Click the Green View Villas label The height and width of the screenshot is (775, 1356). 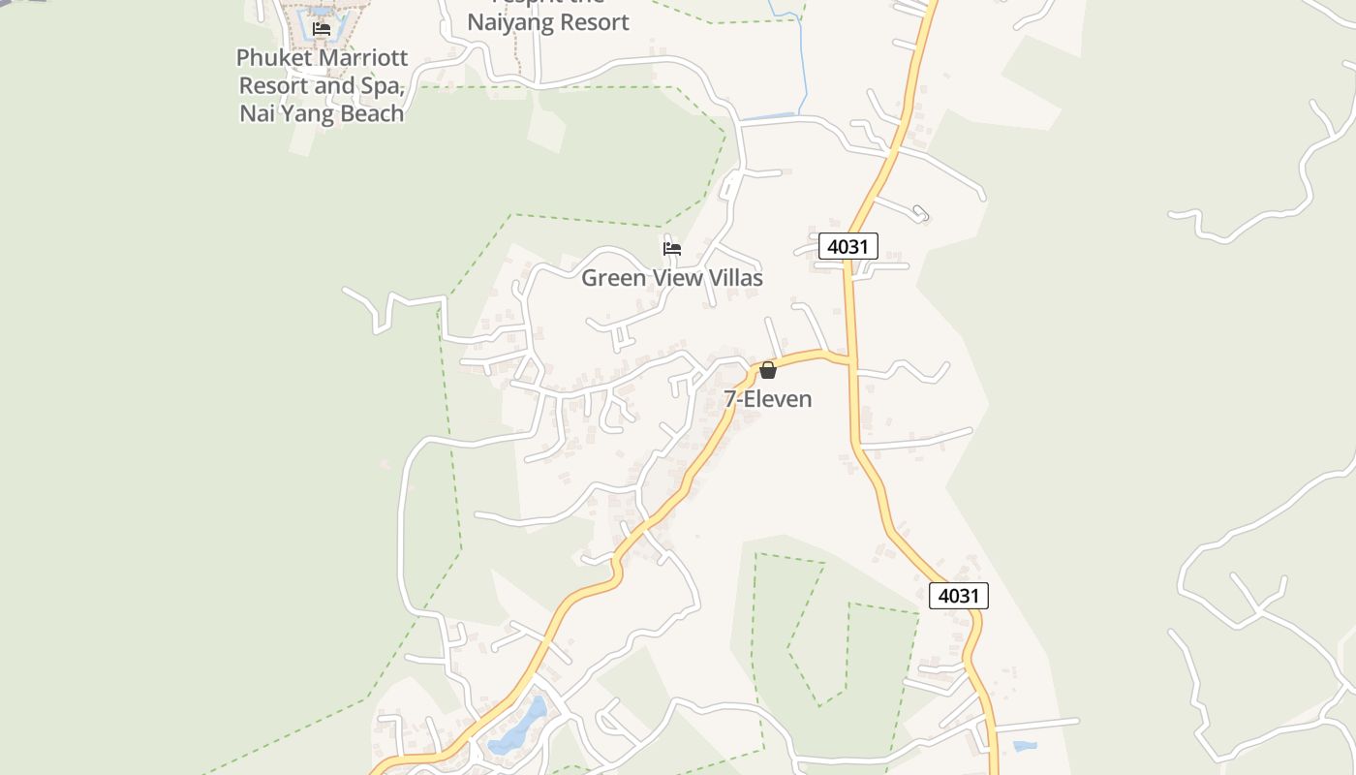tap(671, 278)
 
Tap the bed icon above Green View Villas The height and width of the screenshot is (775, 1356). tap(671, 249)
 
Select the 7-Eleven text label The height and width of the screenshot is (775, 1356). tap(768, 399)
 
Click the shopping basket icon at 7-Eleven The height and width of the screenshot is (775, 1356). tap(768, 370)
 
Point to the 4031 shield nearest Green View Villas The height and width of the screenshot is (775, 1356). tap(847, 246)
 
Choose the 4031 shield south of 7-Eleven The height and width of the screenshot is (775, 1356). tap(958, 595)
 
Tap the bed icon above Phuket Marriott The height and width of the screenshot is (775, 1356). tap(322, 29)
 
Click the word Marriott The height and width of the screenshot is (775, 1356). tap(365, 57)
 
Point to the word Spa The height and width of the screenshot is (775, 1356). tap(383, 85)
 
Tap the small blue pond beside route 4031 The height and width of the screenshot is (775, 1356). tap(1024, 746)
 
